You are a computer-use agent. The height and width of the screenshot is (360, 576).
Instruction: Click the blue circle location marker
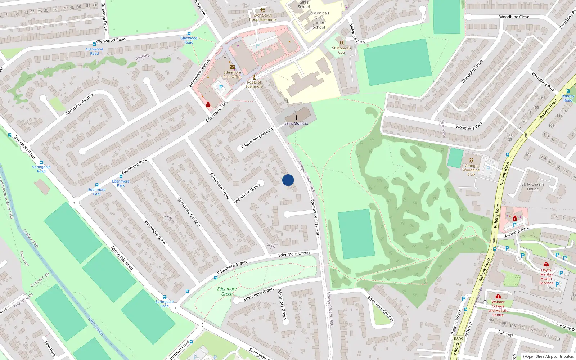click(288, 180)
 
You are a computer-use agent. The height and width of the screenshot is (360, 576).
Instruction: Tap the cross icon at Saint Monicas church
click(296, 118)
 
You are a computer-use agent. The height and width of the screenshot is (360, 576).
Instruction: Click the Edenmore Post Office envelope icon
click(232, 67)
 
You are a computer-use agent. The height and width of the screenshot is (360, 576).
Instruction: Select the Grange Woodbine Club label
click(471, 170)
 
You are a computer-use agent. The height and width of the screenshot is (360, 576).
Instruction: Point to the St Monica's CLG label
click(341, 50)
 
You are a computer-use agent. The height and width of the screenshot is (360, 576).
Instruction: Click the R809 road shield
click(459, 339)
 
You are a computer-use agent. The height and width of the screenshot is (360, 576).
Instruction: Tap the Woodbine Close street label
click(514, 17)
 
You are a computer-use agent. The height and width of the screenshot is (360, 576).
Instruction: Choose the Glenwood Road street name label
click(111, 40)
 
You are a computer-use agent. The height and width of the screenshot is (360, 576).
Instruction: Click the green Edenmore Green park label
click(227, 291)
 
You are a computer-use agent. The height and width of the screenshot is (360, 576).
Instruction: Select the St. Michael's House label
click(533, 186)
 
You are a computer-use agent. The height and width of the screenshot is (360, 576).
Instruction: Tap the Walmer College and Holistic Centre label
click(498, 309)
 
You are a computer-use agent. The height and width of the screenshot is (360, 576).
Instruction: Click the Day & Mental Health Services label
click(546, 276)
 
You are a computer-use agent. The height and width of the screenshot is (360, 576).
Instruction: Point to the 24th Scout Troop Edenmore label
click(263, 17)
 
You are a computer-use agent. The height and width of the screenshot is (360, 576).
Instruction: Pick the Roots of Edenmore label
click(254, 84)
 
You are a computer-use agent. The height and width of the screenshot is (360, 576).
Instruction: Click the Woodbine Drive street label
click(472, 72)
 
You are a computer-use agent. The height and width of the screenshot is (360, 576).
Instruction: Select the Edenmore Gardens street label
click(189, 212)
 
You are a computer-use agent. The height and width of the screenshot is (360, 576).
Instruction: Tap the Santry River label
click(96, 327)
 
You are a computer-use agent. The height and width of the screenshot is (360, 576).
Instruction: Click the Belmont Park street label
click(517, 231)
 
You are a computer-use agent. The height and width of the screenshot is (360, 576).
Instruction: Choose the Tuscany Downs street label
click(566, 327)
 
